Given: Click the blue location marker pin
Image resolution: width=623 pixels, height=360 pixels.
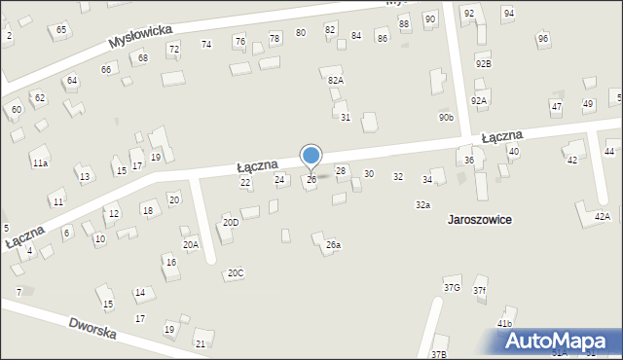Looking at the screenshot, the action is click(x=311, y=156).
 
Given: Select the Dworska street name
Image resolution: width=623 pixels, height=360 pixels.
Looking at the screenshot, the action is click(x=92, y=328).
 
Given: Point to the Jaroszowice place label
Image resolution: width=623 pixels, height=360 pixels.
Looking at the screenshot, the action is click(x=479, y=219).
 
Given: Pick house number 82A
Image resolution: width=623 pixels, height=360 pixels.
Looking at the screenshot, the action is click(x=335, y=81).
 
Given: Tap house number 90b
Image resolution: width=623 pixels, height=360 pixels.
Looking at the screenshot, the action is click(x=446, y=117).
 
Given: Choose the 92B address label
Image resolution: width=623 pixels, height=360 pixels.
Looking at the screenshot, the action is click(x=483, y=63).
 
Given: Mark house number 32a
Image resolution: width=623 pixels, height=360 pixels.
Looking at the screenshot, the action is click(x=422, y=205).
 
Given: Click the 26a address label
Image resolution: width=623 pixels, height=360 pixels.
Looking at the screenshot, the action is click(x=333, y=245).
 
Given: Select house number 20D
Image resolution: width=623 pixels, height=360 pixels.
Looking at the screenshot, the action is click(x=230, y=222).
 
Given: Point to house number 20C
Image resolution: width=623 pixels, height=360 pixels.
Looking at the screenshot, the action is click(x=235, y=273).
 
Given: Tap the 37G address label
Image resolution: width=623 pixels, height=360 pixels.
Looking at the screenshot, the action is click(x=452, y=287).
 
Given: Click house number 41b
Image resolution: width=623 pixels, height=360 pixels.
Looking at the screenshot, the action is click(x=504, y=323).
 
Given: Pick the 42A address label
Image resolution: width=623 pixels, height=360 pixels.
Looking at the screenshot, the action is click(x=602, y=216).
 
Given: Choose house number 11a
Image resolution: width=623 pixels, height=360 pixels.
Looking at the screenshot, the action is click(x=39, y=163).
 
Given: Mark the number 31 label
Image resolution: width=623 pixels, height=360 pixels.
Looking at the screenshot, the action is click(x=345, y=118).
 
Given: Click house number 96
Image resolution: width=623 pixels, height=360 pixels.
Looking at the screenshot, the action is click(x=542, y=38).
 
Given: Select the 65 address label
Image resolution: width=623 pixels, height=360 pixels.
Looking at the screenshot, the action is click(x=61, y=30).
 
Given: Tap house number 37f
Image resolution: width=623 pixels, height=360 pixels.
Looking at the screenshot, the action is click(x=479, y=290).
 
